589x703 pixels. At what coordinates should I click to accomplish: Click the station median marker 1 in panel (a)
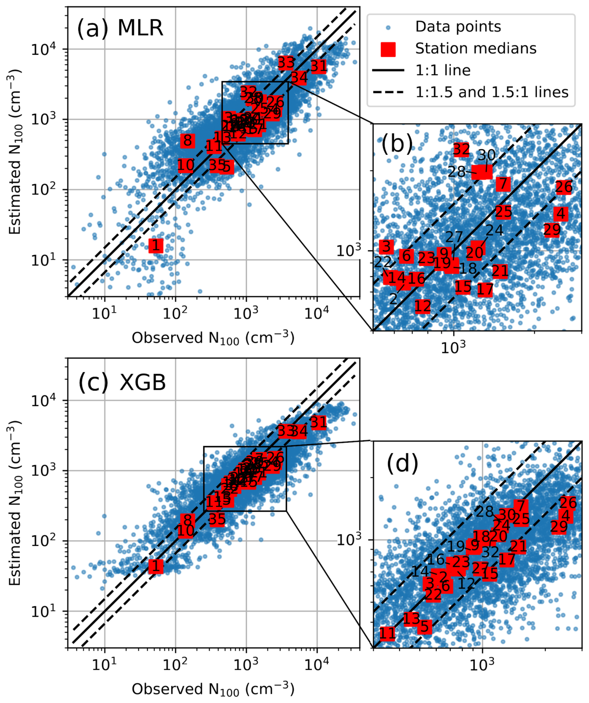[156, 246]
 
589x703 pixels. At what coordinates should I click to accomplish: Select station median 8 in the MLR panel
[188, 141]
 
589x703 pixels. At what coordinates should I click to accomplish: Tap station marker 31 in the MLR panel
[318, 66]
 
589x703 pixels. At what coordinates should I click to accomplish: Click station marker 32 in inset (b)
[461, 150]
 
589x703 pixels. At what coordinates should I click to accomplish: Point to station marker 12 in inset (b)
[422, 306]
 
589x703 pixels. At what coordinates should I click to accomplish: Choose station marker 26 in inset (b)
[564, 187]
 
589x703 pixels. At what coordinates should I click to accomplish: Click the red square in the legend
[388, 49]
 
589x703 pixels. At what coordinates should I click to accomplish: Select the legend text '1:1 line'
[443, 70]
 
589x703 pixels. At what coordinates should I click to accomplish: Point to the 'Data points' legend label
[458, 27]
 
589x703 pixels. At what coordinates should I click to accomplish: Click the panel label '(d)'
[403, 464]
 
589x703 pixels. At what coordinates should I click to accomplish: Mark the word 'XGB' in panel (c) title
[142, 382]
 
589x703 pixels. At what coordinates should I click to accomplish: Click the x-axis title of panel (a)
[213, 338]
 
